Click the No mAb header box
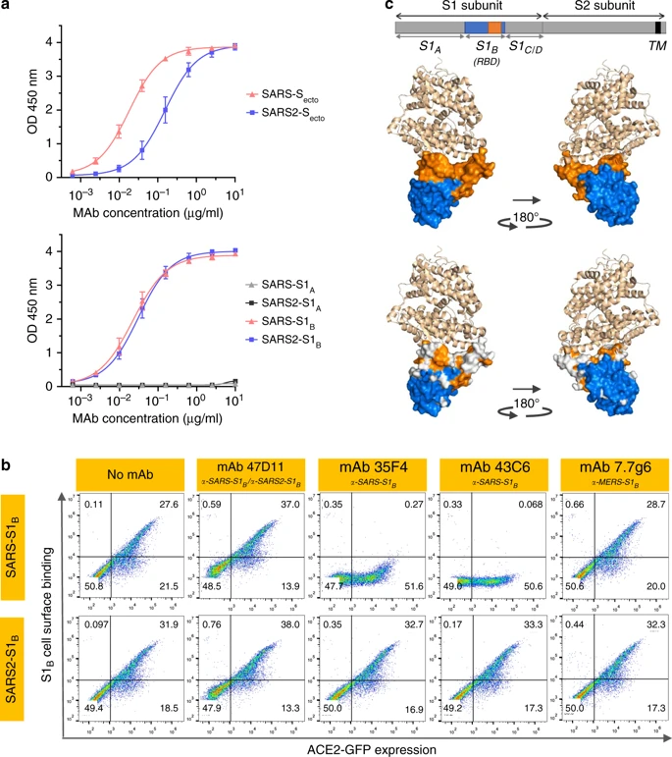pos(127,467)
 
